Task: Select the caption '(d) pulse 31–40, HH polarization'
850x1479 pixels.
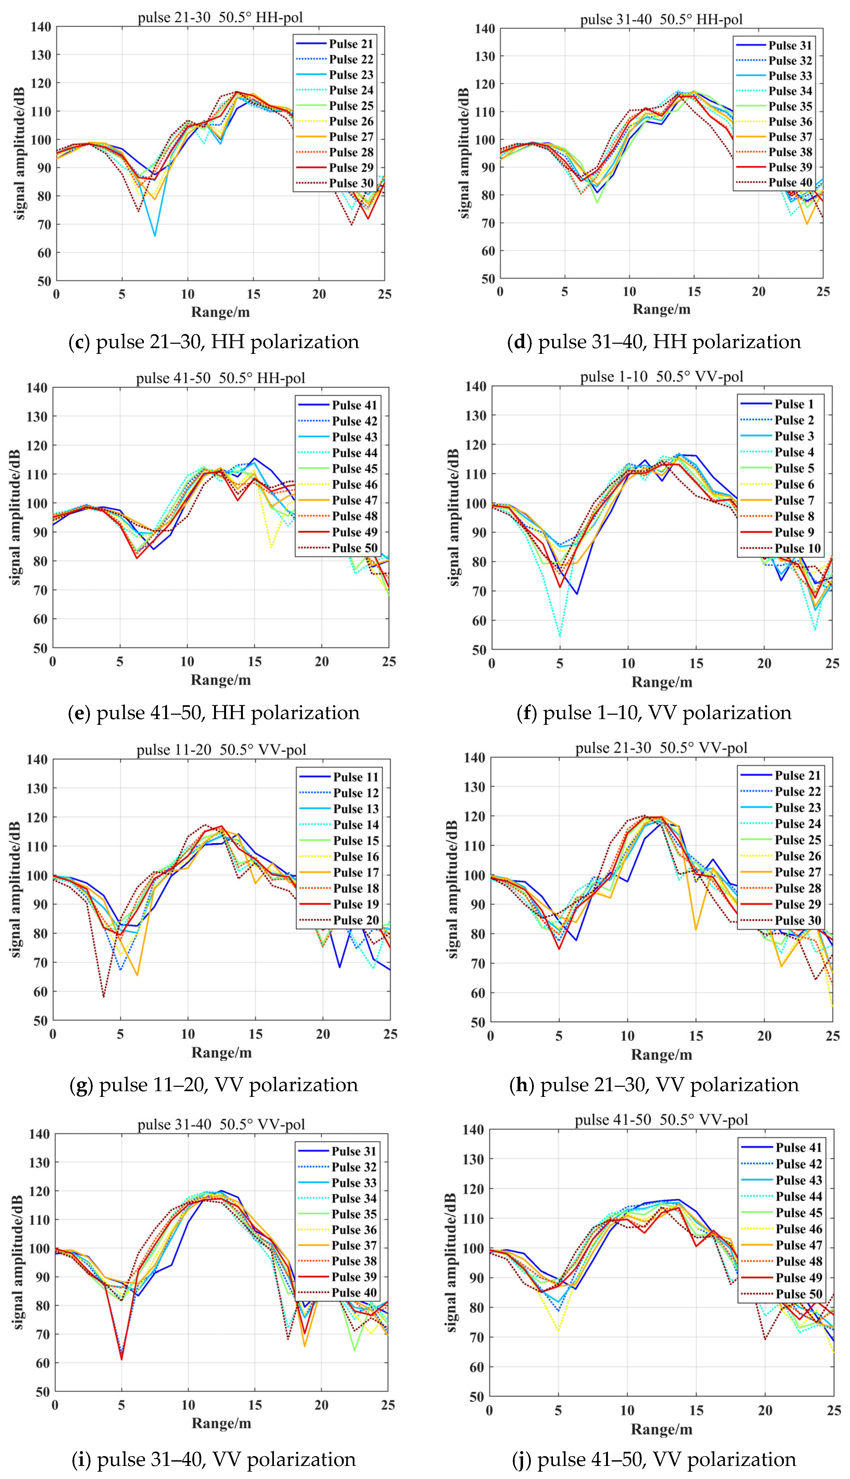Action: tap(654, 341)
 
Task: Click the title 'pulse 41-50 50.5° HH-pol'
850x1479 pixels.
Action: tap(221, 378)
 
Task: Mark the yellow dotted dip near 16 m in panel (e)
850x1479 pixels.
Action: tap(271, 547)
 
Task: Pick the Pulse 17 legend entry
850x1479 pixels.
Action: tap(339, 872)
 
